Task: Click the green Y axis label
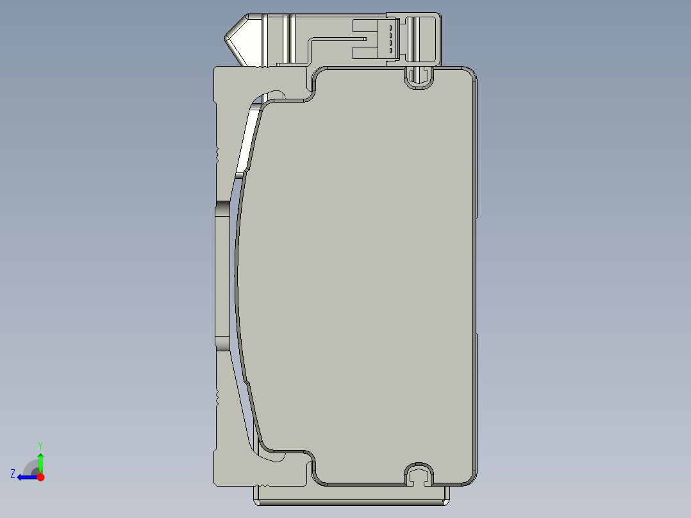pyautogui.click(x=40, y=445)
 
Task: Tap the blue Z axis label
pyautogui.click(x=13, y=473)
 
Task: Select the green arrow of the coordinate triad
pyautogui.click(x=40, y=462)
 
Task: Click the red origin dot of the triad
pyautogui.click(x=40, y=477)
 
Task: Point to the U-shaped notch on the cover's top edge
pyautogui.click(x=417, y=79)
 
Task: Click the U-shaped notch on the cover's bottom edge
pyautogui.click(x=418, y=473)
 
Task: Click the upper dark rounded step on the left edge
pyautogui.click(x=222, y=209)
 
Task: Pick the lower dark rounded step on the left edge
pyautogui.click(x=222, y=343)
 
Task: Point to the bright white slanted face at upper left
pyautogui.click(x=248, y=141)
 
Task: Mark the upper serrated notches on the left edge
pyautogui.click(x=217, y=153)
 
